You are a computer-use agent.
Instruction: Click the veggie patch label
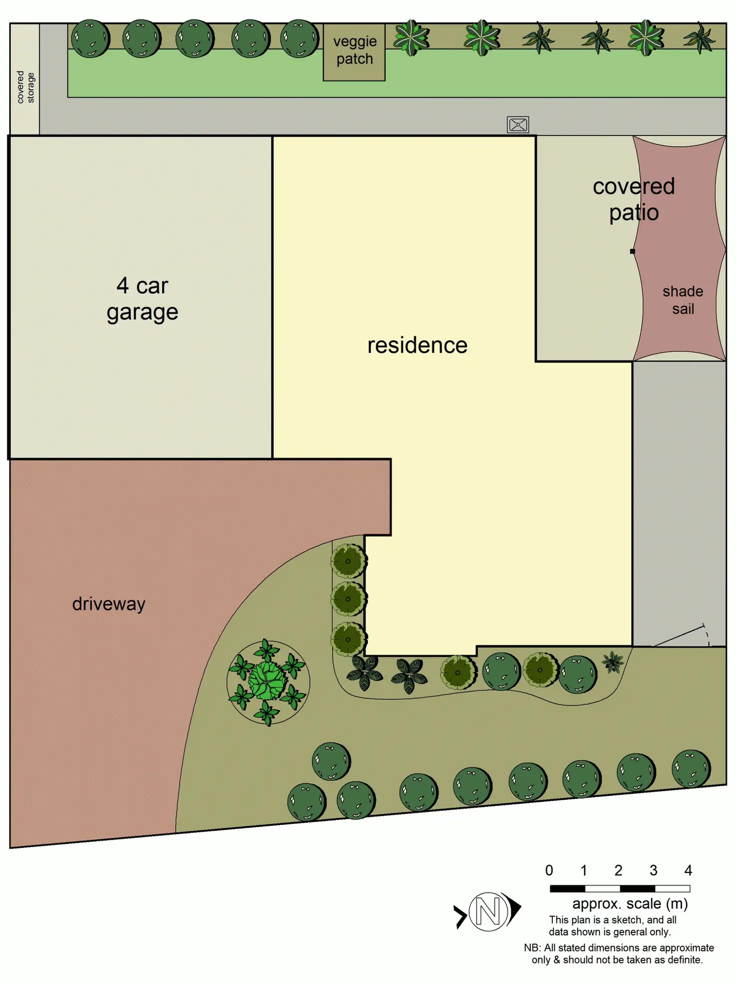pos(354,50)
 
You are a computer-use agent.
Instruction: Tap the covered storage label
pos(26,87)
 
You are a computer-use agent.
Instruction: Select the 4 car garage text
pos(142,299)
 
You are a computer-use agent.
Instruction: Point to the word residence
pos(417,345)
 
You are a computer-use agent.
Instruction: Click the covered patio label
pos(633,199)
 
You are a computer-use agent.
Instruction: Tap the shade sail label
pos(682,300)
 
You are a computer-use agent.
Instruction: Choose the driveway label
pos(109,604)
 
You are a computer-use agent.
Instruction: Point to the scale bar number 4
pos(688,870)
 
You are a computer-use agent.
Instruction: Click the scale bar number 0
pos(549,870)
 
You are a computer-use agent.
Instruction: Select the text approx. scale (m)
pos(630,903)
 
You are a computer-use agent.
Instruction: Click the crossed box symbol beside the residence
pos(518,125)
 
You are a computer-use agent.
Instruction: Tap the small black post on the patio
pos(632,251)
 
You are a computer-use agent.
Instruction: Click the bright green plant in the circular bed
pos(268,681)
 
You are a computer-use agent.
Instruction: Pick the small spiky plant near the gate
pos(612,662)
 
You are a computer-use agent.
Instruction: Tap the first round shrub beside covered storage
pos(90,39)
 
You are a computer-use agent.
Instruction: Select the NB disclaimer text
pos(618,953)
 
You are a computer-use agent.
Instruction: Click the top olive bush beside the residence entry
pos(348,561)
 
